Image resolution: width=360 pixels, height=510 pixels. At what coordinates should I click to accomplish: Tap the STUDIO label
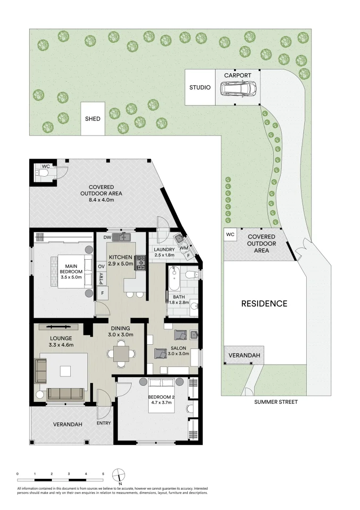click(x=200, y=87)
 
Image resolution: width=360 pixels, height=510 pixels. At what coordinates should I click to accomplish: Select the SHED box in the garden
click(x=92, y=119)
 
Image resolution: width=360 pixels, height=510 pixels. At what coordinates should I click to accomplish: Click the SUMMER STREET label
click(x=276, y=402)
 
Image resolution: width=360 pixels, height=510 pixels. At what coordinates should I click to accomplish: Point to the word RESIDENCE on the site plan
click(x=264, y=304)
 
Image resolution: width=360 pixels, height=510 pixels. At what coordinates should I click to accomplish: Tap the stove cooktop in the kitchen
click(x=141, y=263)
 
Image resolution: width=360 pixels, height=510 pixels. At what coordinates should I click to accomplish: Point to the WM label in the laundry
click(x=183, y=248)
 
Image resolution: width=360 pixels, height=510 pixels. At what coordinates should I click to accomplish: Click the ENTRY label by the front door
click(x=103, y=423)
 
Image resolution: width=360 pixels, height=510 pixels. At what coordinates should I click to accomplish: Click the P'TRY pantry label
click(x=101, y=279)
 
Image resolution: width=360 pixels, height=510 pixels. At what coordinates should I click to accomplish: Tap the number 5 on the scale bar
click(x=103, y=473)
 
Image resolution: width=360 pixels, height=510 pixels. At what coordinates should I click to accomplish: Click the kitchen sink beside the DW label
click(x=125, y=237)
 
